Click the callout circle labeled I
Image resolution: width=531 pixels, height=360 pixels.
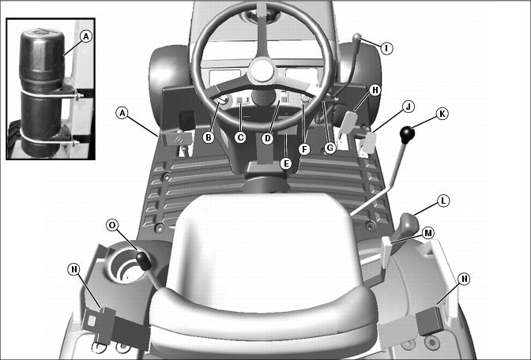point(386,48)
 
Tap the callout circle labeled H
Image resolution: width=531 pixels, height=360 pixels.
point(375,90)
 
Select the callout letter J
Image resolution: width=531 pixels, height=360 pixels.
point(409,107)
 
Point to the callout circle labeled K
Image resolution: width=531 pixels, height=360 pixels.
point(442,114)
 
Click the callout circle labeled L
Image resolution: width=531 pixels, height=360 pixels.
point(443,201)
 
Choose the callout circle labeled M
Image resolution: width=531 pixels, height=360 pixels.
point(428,233)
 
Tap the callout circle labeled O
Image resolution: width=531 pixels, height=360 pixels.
point(112,225)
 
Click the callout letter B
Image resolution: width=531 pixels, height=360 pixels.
point(209,137)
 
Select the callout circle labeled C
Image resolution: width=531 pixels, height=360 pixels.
point(240,137)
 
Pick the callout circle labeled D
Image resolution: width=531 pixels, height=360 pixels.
point(268,138)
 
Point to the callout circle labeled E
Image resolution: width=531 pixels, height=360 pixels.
point(286,163)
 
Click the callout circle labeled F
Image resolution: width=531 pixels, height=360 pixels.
point(304,149)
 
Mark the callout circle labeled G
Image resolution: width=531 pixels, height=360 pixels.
point(330,148)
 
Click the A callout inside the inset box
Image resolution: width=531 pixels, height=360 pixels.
point(86,36)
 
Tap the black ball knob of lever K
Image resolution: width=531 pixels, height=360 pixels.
point(407,135)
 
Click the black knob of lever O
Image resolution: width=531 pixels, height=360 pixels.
point(144,261)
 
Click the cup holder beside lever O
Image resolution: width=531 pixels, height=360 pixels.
point(123,264)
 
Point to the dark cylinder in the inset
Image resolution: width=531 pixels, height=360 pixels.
point(41,92)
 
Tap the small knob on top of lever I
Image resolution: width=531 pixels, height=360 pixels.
point(357,36)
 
